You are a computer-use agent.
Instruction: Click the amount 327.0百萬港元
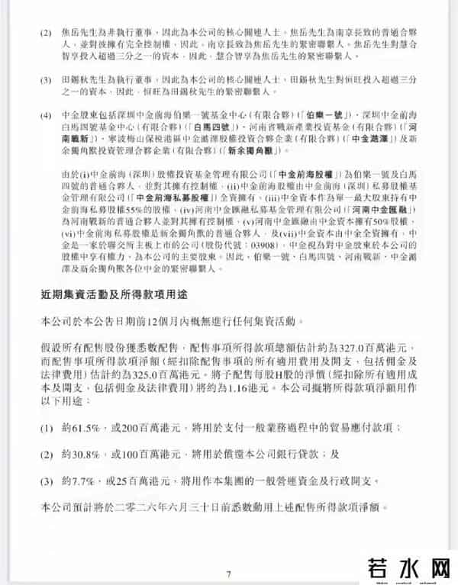tap(385, 344)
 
